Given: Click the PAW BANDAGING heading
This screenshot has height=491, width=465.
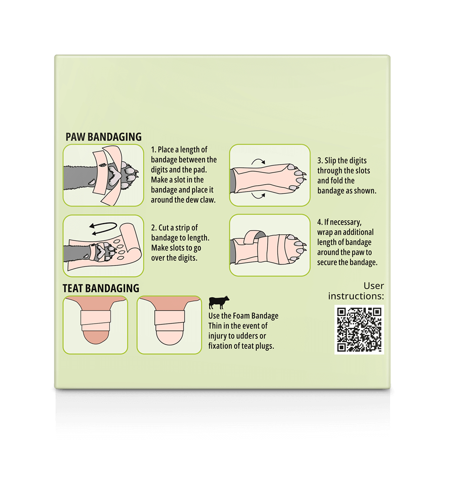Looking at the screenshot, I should (x=103, y=137).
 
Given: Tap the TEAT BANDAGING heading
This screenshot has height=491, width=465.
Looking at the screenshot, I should (x=101, y=288).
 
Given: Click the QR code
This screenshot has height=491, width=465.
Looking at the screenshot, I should (x=359, y=329).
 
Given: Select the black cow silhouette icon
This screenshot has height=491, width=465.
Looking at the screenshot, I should (x=219, y=302).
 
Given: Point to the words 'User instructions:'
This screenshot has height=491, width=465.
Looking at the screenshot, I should (x=356, y=291).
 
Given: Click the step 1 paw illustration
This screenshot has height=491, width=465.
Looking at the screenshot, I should (x=103, y=175).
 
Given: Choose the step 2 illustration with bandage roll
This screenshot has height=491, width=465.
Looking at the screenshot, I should (x=103, y=245).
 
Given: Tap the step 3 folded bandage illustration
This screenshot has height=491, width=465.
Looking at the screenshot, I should (x=270, y=175).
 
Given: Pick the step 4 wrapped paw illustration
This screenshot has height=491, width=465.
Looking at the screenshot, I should (x=270, y=245).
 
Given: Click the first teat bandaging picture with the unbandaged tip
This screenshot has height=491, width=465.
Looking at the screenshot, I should (x=95, y=325).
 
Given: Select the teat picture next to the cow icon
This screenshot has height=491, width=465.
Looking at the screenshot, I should (x=169, y=325).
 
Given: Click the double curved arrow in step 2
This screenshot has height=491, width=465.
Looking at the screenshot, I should (x=103, y=228).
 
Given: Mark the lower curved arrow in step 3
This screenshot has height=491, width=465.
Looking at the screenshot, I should (x=258, y=196).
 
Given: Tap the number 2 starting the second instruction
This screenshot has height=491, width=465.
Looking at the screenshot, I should (x=153, y=228).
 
